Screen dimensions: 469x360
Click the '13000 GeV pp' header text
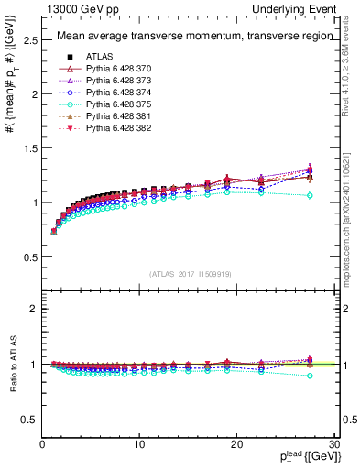tap(78, 8)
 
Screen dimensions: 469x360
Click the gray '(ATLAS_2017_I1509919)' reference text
tap(189, 273)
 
